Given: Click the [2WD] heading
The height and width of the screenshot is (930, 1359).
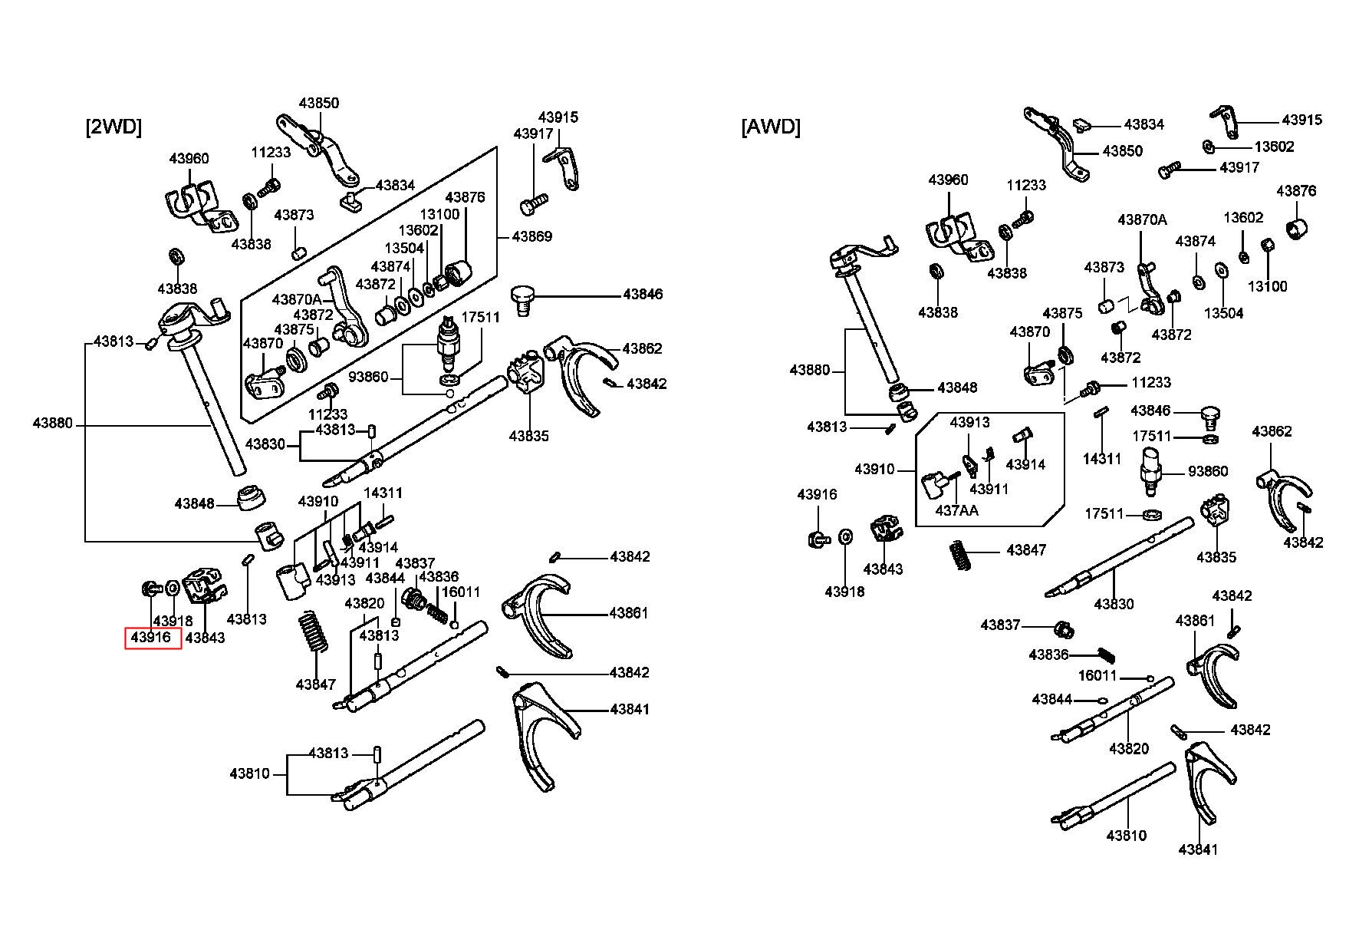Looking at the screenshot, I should point(114,127).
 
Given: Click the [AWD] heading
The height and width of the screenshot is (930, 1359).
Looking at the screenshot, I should point(770,127).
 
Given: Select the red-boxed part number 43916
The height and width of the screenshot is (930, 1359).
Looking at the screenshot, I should point(152,638).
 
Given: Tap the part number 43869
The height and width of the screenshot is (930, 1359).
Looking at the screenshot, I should point(532,236).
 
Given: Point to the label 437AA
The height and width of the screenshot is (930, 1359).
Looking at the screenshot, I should point(956,510).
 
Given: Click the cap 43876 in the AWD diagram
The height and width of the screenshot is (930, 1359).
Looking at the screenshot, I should point(1296,228).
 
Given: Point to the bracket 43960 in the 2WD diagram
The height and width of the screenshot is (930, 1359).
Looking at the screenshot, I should point(192,203).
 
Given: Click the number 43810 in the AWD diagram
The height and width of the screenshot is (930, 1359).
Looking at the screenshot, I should point(1126,835).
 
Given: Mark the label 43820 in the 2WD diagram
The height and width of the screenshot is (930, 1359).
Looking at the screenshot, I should point(364,603).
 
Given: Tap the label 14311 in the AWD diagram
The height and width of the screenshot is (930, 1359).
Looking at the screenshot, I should point(1102,459).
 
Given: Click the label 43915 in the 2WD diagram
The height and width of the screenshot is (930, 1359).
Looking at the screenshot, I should point(558,117).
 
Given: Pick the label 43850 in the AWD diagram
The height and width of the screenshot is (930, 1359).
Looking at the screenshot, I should point(1122,151).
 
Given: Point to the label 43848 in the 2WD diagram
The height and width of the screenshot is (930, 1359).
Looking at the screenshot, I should point(195,504).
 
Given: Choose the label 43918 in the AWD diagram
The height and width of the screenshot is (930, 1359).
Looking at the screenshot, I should point(844,592).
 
